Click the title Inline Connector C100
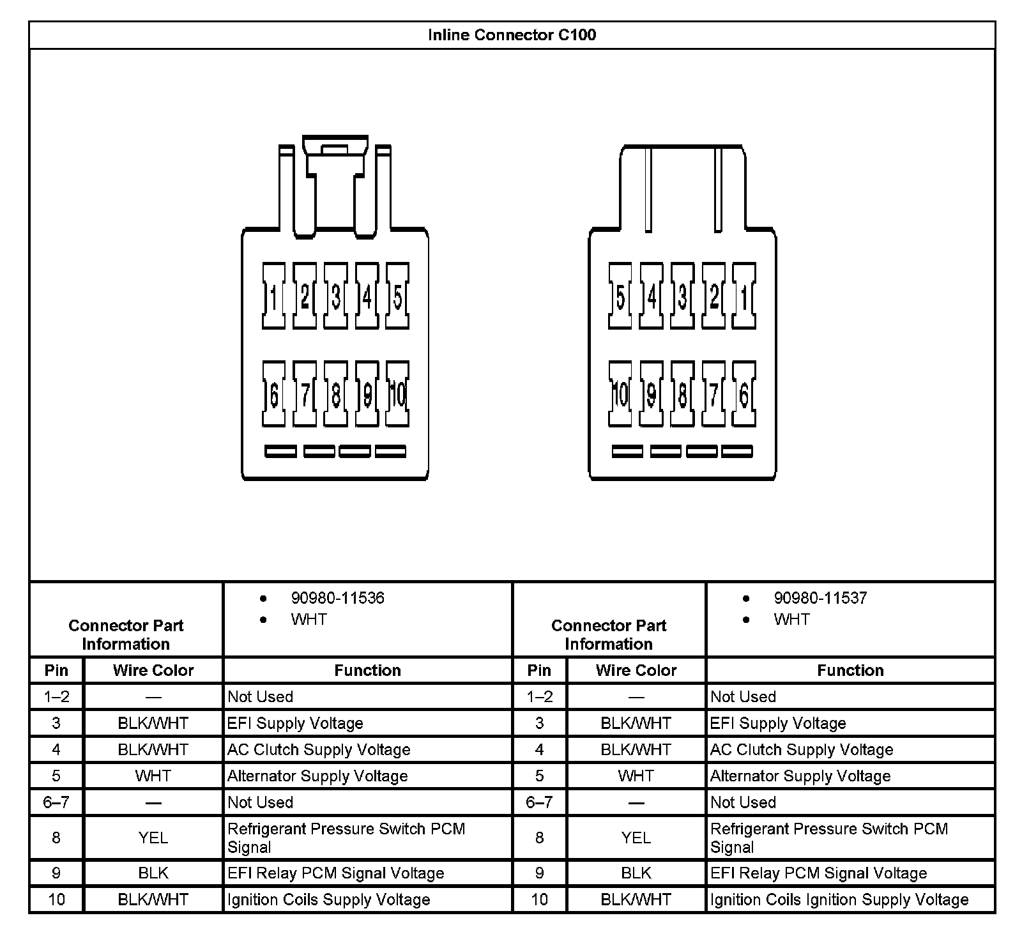click(x=512, y=34)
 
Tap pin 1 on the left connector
click(x=273, y=296)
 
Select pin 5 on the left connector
click(x=397, y=296)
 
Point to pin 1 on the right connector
click(x=744, y=296)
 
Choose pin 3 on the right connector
click(x=682, y=296)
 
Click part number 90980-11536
click(x=337, y=598)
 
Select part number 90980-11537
click(x=820, y=598)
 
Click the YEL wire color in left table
click(x=153, y=838)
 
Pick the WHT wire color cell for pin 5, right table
click(x=636, y=776)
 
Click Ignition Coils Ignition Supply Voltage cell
click(x=839, y=900)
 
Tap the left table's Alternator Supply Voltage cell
click(x=317, y=776)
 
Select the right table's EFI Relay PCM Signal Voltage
click(x=818, y=873)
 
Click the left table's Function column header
click(x=367, y=670)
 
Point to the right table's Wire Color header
click(x=636, y=670)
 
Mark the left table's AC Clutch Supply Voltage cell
click(x=319, y=749)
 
